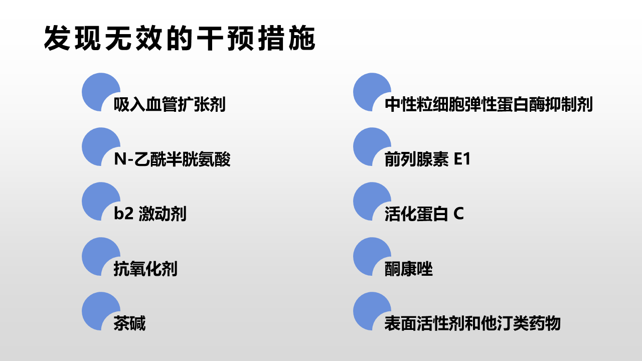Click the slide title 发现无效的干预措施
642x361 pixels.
click(180, 39)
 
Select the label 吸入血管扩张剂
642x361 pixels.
click(170, 104)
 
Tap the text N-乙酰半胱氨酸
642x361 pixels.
click(172, 159)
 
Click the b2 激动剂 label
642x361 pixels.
click(150, 214)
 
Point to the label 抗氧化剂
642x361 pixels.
click(145, 269)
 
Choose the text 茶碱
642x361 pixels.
click(129, 323)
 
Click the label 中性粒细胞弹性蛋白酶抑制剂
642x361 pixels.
click(489, 104)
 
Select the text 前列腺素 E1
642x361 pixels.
click(427, 159)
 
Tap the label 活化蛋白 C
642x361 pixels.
click(424, 214)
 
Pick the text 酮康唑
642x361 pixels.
click(408, 269)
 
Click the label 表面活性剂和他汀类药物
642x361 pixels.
click(472, 323)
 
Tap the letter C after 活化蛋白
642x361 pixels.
click(458, 214)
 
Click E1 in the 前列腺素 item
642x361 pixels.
click(462, 159)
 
